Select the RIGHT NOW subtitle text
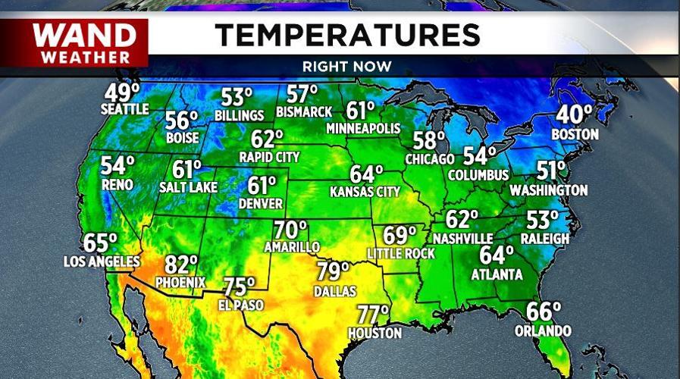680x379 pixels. [x=346, y=66]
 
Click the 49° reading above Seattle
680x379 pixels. [x=124, y=93]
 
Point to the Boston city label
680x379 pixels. [x=575, y=134]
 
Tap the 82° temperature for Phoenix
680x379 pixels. [x=181, y=265]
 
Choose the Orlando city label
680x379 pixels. [x=543, y=331]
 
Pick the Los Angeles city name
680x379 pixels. [x=102, y=262]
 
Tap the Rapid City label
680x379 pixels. [x=269, y=157]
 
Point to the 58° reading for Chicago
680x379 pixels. [x=430, y=141]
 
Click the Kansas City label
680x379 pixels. [x=365, y=193]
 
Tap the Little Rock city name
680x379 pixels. [x=401, y=253]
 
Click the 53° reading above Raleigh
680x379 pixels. [x=543, y=221]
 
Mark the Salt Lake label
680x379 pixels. [x=189, y=186]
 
